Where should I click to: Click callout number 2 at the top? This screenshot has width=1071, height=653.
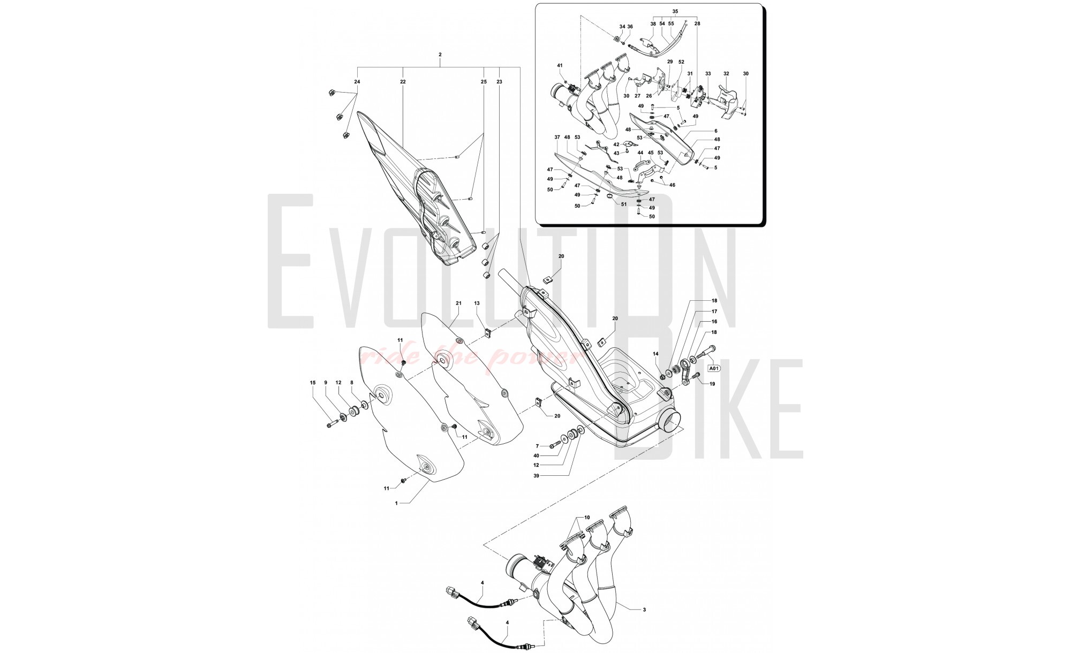click(440, 55)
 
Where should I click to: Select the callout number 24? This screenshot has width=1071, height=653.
click(357, 82)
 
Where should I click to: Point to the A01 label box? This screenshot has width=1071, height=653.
click(714, 368)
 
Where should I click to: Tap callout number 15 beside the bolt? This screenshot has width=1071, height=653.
click(313, 383)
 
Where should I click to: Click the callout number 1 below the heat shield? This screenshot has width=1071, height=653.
click(396, 503)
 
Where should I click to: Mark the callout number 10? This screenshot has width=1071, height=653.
click(587, 518)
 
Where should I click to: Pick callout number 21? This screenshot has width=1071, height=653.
click(458, 303)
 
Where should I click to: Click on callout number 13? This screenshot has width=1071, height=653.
click(477, 303)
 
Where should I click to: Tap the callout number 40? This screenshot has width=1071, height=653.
click(537, 456)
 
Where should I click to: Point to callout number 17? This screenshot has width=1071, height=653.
click(714, 311)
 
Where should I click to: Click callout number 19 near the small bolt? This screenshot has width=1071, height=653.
click(712, 384)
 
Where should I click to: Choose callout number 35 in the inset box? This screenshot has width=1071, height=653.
click(675, 11)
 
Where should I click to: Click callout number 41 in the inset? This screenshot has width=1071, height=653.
click(560, 65)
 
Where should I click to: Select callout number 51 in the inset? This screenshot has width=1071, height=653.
click(623, 204)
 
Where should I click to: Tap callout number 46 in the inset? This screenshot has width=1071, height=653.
click(672, 185)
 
